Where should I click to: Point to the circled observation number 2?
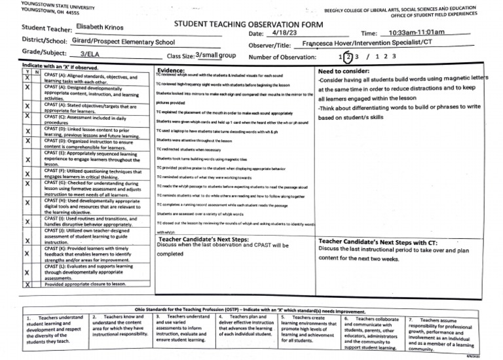pos(349,56)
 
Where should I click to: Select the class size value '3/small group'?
pos(215,56)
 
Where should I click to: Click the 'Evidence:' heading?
pos(172,70)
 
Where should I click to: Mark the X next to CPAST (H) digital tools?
pos(27,203)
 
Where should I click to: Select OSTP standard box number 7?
pos(439,334)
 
